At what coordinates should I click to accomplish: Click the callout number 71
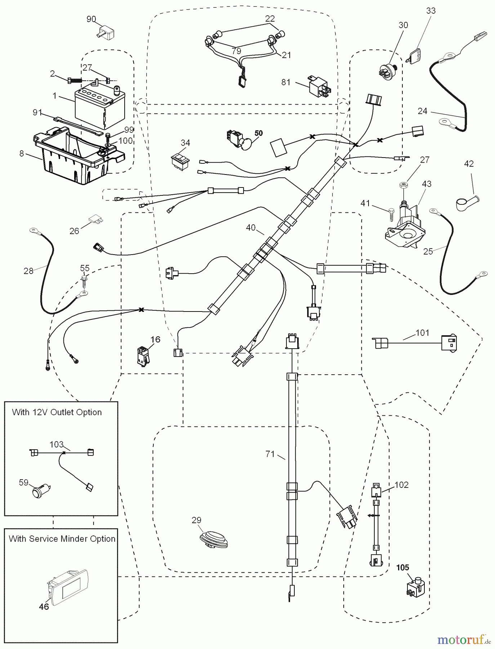point(270,454)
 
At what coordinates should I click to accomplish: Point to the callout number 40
point(251,228)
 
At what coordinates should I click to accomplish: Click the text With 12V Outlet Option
point(57,412)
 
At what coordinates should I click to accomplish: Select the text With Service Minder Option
point(62,539)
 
